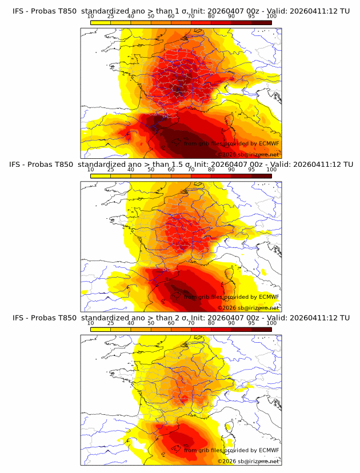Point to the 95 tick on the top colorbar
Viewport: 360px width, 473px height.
point(251,17)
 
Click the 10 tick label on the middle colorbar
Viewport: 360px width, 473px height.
point(90,170)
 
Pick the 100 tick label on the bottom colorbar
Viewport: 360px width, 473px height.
point(271,323)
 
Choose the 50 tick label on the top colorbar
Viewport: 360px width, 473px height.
point(151,17)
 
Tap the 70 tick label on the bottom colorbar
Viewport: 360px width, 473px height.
point(191,323)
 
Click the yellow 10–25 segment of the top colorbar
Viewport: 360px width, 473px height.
point(100,22)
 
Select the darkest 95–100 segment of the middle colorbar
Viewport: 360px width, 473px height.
point(262,175)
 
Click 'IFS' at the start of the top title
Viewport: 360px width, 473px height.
point(18,11)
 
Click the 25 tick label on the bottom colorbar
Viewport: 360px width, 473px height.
point(110,323)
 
